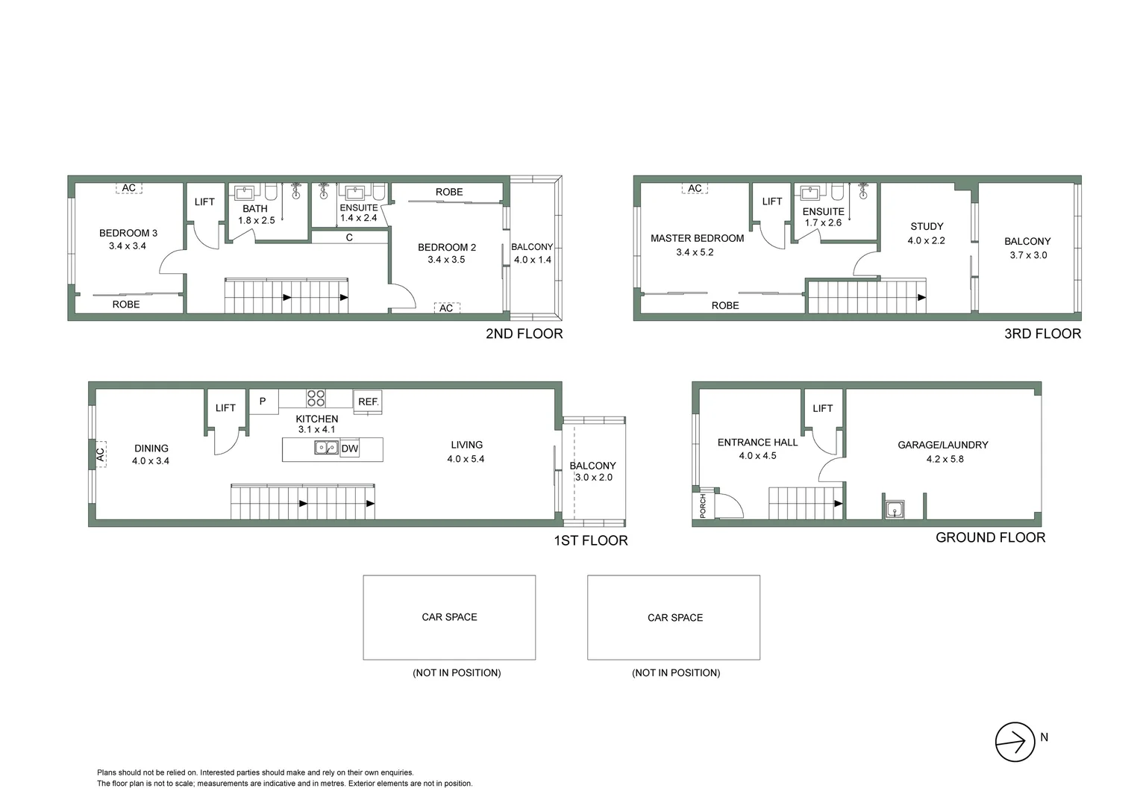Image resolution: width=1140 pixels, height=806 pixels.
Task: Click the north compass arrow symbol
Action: (1015, 742)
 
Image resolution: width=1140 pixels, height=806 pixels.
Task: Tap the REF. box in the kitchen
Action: (368, 402)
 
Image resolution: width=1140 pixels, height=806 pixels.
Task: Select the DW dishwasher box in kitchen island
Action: (349, 449)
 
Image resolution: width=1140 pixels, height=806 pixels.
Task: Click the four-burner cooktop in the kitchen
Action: (316, 398)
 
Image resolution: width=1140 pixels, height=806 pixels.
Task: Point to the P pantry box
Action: (263, 401)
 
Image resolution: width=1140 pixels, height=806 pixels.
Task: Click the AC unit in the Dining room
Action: (99, 452)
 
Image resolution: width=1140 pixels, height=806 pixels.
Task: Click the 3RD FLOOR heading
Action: (1042, 334)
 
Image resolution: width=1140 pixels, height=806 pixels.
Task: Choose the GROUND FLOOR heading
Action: (990, 537)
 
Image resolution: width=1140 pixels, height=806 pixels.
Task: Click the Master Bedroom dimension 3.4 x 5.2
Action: (695, 252)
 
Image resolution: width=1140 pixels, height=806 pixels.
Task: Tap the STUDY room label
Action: (927, 226)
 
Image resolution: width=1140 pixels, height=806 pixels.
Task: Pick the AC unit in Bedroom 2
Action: (446, 308)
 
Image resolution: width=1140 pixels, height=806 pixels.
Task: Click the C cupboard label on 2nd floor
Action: (349, 237)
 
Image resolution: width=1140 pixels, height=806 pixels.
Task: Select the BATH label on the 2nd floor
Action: (255, 208)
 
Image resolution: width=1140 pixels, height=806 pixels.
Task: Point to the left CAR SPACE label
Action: (449, 617)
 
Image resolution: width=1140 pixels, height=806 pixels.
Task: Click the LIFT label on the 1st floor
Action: (225, 407)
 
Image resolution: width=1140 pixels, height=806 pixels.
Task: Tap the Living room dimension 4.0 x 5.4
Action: (466, 459)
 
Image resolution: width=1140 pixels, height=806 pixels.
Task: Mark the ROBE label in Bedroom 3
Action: (126, 304)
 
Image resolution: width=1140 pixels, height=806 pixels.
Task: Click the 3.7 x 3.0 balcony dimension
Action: (1028, 255)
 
